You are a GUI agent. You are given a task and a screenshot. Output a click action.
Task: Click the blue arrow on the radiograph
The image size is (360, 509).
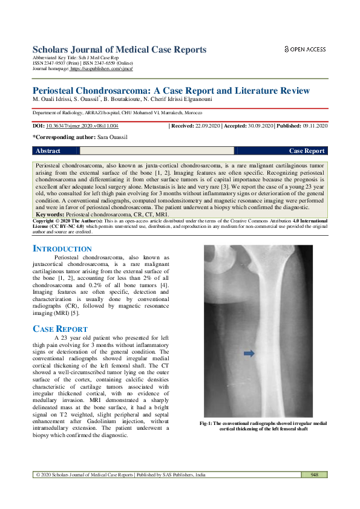[x=248, y=353]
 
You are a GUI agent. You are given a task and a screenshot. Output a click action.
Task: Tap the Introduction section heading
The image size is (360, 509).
[x=62, y=249]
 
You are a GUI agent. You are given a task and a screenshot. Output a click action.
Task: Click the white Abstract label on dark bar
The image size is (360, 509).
[x=48, y=151]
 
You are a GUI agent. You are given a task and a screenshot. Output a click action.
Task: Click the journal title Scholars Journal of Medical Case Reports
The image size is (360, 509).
[x=119, y=50]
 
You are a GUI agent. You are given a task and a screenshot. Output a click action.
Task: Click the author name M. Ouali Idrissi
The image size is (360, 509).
[x=53, y=99]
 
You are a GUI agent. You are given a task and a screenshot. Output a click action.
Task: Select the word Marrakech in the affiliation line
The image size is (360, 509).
[x=171, y=113]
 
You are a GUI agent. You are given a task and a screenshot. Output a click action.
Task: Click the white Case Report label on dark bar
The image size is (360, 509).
[x=307, y=151]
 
